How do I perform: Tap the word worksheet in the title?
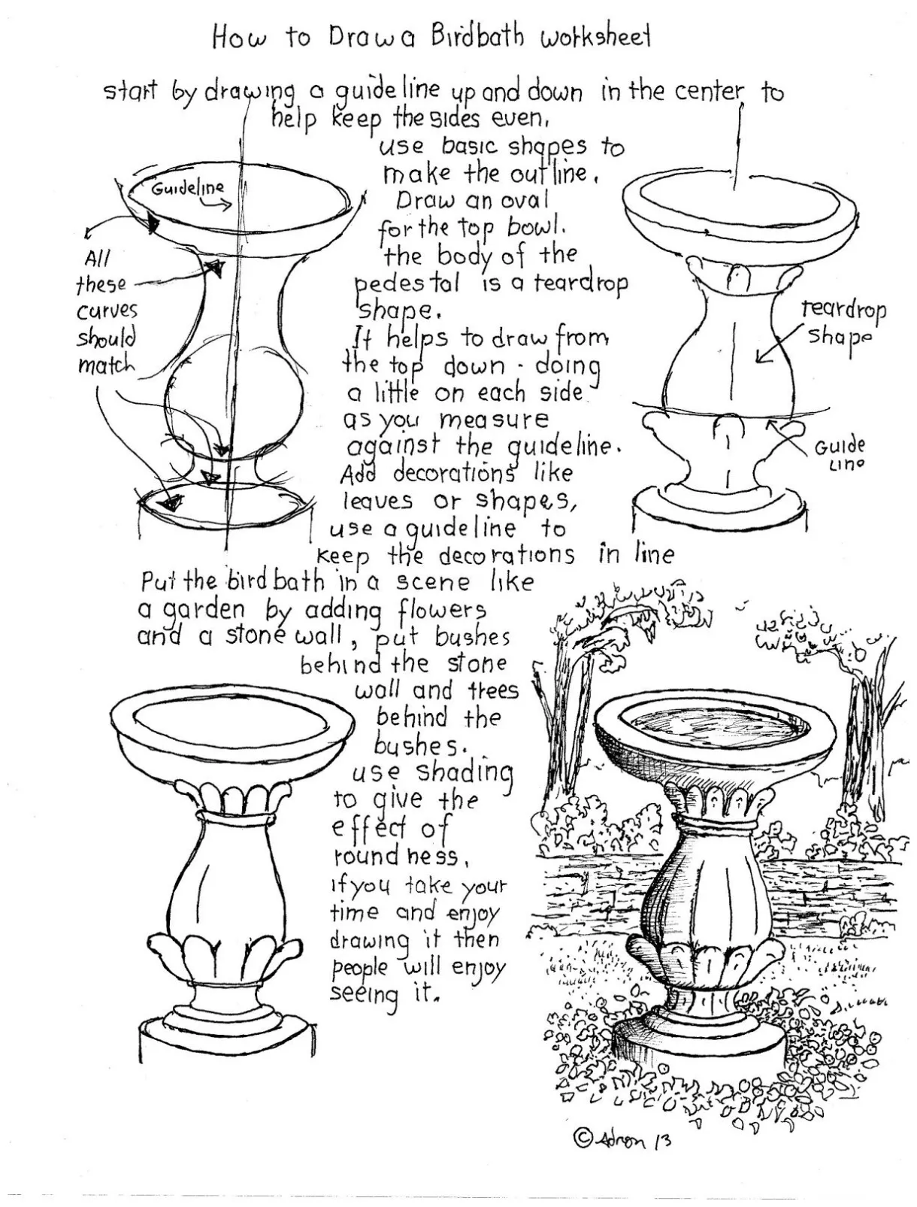(595, 38)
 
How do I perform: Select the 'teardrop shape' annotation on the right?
(842, 323)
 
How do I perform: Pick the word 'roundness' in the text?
(395, 857)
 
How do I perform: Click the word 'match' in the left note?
(106, 366)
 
